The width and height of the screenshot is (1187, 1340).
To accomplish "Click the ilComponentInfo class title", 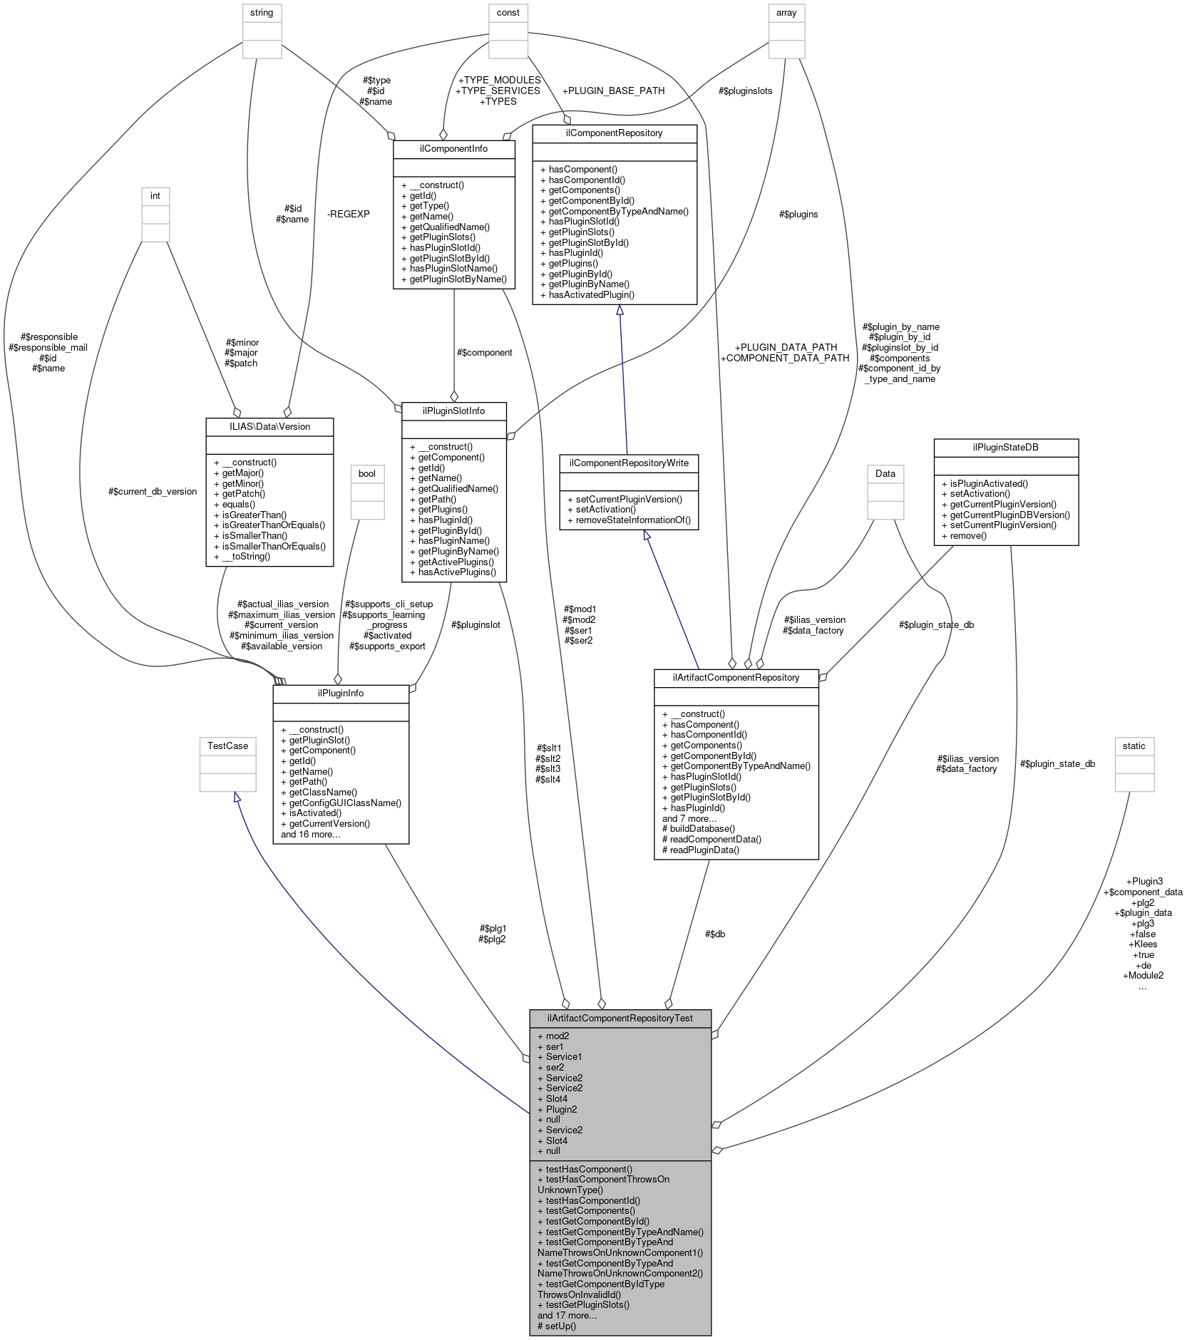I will (x=453, y=149).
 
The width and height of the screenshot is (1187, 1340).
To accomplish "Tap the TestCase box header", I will (x=227, y=746).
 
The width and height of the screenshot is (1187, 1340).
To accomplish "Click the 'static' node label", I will (x=1134, y=746).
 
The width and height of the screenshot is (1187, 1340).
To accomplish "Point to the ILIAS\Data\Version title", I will (x=269, y=426).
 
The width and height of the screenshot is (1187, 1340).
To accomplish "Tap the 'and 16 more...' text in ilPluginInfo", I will (x=310, y=834).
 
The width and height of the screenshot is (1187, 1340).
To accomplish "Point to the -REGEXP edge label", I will (x=348, y=214).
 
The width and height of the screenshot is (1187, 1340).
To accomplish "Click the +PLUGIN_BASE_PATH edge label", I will (x=613, y=91).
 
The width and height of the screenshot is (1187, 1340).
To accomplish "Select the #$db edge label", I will (x=714, y=934).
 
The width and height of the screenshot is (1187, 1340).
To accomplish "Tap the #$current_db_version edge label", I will (x=152, y=491).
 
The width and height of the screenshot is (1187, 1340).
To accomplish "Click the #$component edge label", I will (x=485, y=352).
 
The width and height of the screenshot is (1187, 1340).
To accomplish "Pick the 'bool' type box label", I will (x=367, y=473).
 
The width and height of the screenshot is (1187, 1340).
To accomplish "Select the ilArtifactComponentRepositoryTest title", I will (x=620, y=1018).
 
